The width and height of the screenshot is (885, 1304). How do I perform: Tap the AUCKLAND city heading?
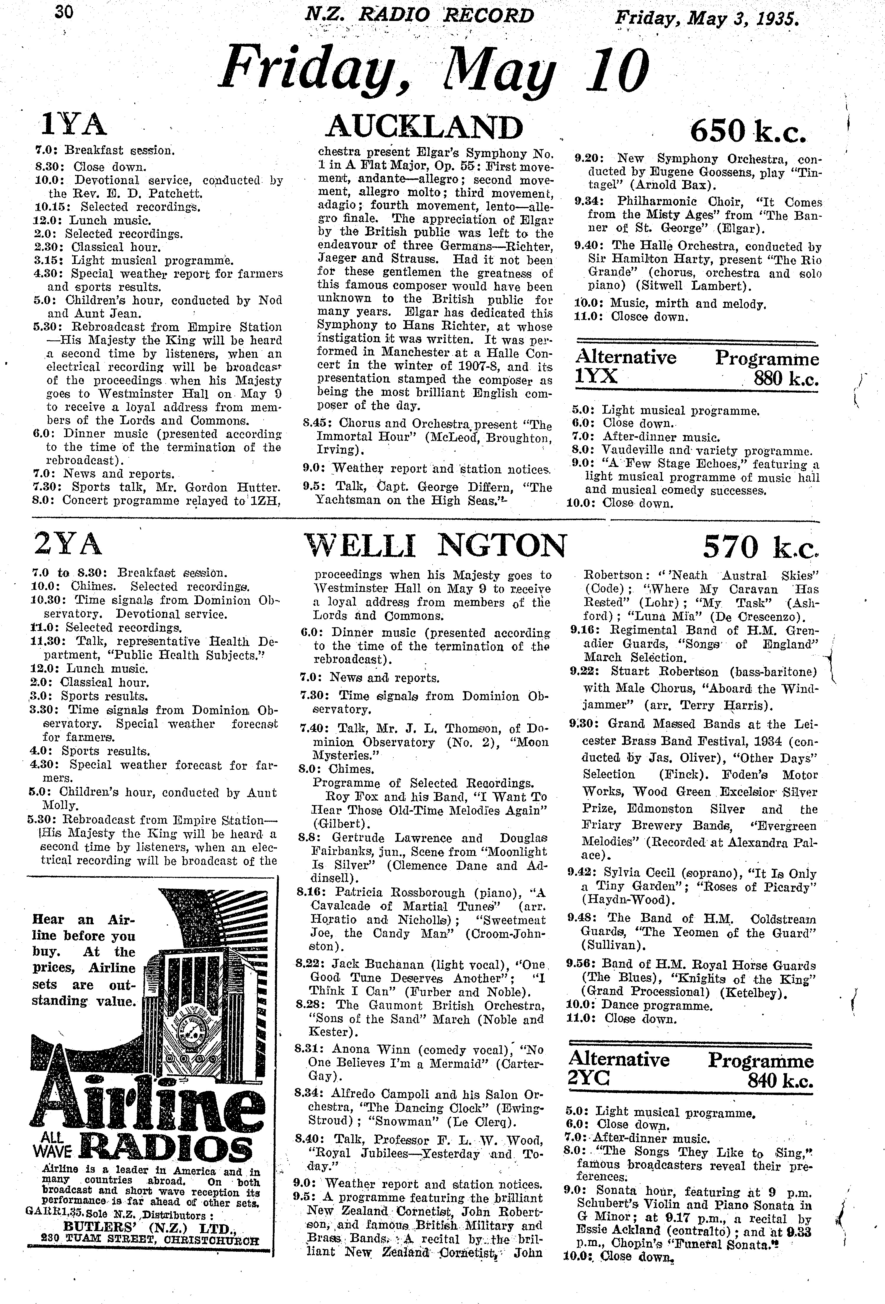coord(424,127)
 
